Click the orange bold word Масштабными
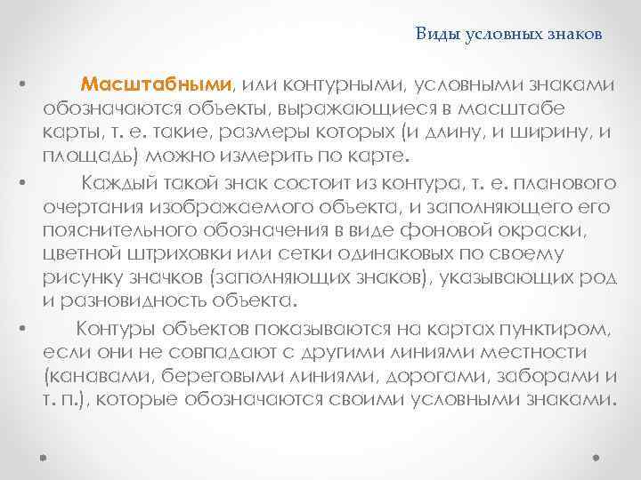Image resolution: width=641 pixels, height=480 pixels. click(156, 84)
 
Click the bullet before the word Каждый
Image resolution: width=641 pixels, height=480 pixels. click(20, 183)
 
